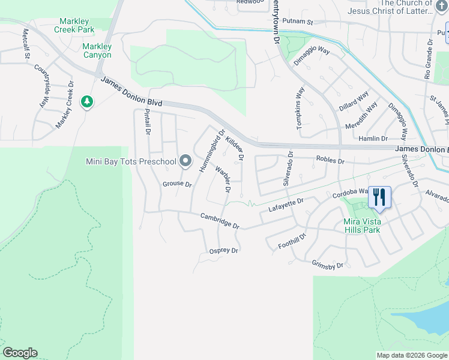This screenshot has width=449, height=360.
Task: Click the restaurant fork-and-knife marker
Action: [x=379, y=196]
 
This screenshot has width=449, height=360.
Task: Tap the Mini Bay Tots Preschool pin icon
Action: [x=185, y=161]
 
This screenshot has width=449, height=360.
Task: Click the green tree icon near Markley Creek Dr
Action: [x=88, y=102]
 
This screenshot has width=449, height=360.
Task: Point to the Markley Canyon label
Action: [x=97, y=50]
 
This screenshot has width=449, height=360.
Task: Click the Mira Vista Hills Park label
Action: [x=370, y=226]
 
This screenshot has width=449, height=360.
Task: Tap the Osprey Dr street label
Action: [x=223, y=251]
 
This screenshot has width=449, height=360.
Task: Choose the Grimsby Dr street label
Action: [x=328, y=265]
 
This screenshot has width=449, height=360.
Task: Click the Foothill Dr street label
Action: [x=292, y=242]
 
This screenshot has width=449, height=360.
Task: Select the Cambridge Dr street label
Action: [x=220, y=221]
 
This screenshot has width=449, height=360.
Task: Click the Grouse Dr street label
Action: [x=176, y=184]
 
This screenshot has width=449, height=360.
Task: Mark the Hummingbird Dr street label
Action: [x=212, y=151]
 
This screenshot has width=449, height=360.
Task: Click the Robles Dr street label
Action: [x=330, y=161]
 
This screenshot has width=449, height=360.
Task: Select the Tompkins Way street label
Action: [x=300, y=109]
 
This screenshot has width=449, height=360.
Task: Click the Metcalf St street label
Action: [x=26, y=43]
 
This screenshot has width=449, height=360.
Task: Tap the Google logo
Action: [x=20, y=353]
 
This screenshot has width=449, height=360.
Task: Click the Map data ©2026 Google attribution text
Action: [x=411, y=355]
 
